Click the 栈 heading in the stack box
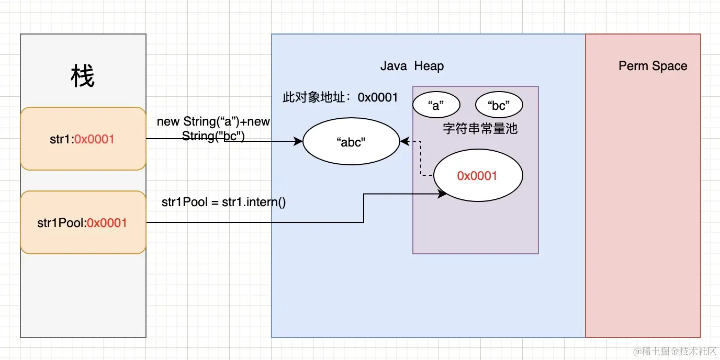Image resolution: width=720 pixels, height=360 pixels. click(x=83, y=77)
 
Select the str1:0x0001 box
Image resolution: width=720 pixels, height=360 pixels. click(x=83, y=139)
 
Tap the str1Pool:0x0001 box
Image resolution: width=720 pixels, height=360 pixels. click(x=83, y=222)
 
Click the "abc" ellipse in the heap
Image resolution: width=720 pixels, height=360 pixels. click(x=351, y=142)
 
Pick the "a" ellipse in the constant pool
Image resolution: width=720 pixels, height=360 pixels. click(x=436, y=105)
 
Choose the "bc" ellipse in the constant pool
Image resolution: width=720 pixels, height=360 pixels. click(x=499, y=105)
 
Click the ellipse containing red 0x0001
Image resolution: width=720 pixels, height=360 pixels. click(x=477, y=176)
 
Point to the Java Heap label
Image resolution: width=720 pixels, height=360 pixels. click(x=412, y=66)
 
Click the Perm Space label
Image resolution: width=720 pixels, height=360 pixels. click(x=652, y=66)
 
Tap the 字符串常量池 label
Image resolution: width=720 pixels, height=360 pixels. click(x=480, y=128)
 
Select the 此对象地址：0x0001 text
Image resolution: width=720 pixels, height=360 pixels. click(x=340, y=97)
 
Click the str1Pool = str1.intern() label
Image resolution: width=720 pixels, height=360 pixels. click(x=224, y=202)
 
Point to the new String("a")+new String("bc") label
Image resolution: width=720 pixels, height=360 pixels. click(x=213, y=128)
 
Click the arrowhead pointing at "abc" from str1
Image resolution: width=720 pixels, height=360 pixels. click(x=299, y=141)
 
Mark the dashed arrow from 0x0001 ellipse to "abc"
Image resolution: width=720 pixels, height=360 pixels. click(x=421, y=157)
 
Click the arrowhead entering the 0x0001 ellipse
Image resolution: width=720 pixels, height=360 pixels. click(x=442, y=194)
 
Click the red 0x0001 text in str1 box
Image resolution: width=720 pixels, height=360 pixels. click(x=94, y=139)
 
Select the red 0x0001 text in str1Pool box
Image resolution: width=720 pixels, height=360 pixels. click(x=107, y=222)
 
